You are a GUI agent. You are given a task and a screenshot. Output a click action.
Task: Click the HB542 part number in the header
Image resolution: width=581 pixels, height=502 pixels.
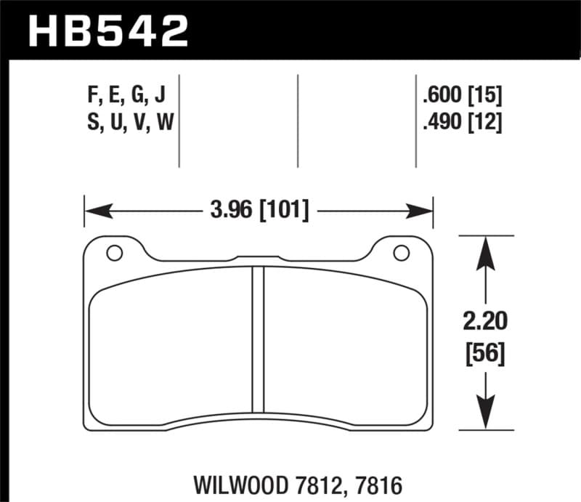point(107,31)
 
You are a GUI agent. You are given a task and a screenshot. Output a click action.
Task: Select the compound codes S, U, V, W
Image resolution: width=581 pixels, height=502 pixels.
point(129,123)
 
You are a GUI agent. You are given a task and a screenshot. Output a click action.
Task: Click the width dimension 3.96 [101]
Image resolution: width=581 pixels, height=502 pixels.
point(259,211)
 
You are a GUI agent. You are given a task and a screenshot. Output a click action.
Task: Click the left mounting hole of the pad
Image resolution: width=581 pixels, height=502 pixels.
point(113,253)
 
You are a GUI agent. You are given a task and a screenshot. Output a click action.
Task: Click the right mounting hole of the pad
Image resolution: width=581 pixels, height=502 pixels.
point(399,253)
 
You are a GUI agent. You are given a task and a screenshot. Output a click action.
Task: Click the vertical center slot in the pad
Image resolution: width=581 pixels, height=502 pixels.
point(257,338)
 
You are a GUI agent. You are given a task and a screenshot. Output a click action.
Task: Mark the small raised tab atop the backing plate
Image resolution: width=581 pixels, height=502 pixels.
point(259,256)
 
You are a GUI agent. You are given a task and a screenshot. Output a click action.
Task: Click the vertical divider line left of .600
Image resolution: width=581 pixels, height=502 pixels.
point(415,121)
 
